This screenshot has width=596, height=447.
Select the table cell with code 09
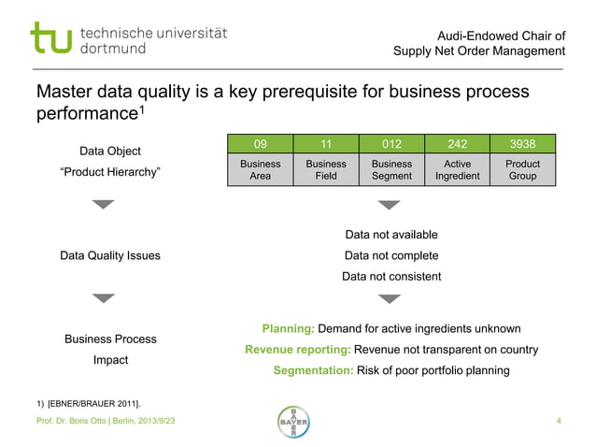tap(261, 144)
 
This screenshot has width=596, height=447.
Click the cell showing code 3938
tap(522, 144)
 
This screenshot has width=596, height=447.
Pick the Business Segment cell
tap(391, 169)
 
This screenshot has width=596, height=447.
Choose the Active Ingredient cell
tap(457, 169)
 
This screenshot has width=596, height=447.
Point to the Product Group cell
tap(522, 169)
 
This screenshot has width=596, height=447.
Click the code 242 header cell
tap(457, 144)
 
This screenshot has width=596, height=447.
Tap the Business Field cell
tap(326, 169)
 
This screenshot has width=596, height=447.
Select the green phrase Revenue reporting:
tap(298, 350)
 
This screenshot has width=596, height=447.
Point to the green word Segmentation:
tap(313, 370)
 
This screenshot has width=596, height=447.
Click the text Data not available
tap(391, 235)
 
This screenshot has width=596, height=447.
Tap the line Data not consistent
tap(391, 276)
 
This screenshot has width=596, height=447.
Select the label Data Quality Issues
tap(110, 255)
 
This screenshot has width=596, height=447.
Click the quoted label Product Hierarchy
tap(110, 171)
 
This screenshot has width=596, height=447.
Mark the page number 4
tap(558, 424)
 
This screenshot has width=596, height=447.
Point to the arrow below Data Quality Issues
tap(104, 298)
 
